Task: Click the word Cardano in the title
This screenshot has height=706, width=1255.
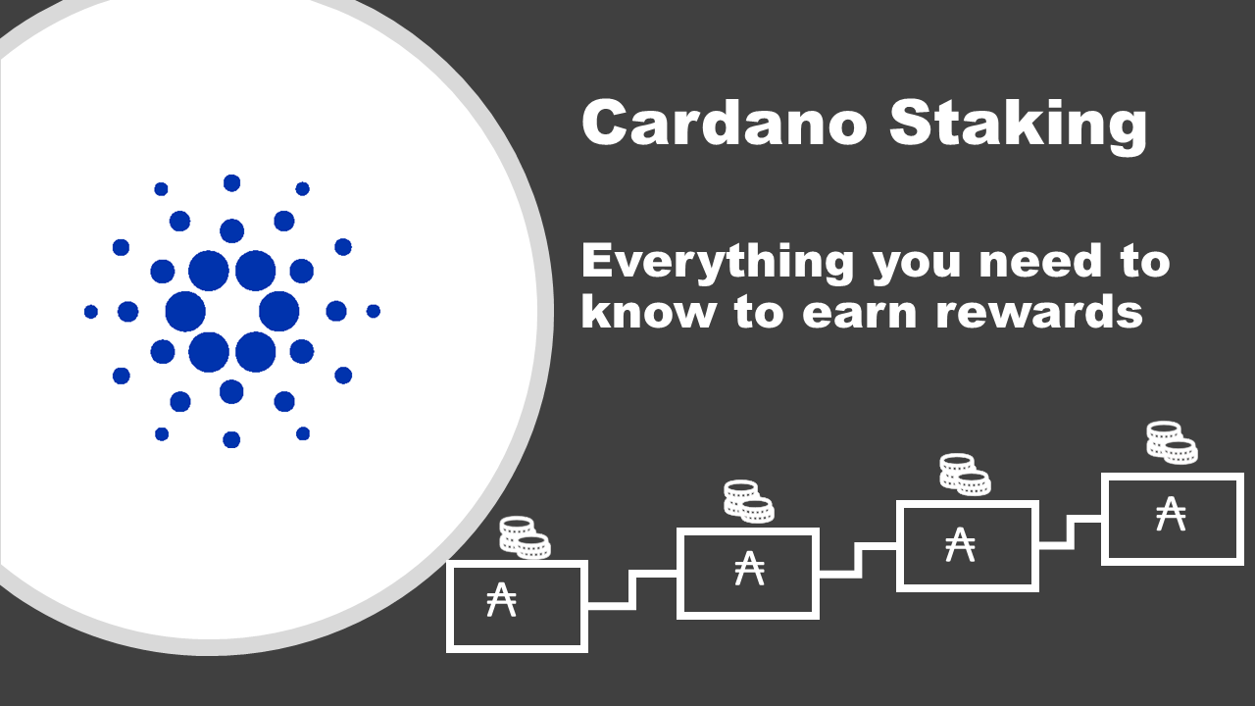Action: pos(725,122)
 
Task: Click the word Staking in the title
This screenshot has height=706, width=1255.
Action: pos(1018,126)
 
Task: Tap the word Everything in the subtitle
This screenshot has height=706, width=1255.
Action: pos(718,263)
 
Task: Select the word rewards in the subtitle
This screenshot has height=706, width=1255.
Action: pos(1040,311)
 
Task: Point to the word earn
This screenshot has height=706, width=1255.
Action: pos(860,315)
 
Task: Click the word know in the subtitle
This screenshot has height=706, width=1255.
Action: pos(648,311)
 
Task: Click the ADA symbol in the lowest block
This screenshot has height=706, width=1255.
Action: pos(501,599)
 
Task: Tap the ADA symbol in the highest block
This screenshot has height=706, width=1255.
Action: pos(1171,513)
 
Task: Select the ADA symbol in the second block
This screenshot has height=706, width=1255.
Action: pos(749,568)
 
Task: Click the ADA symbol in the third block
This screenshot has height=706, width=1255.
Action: pos(960,544)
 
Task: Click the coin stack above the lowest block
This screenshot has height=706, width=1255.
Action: pos(525,537)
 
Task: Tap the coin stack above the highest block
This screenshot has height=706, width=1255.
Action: pos(1172,442)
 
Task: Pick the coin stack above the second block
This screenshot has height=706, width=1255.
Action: pos(749,501)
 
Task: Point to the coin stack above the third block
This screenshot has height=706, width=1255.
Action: pos(965,475)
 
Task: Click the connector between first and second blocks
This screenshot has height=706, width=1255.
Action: pos(632,589)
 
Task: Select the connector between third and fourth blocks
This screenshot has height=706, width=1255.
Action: pos(1070,532)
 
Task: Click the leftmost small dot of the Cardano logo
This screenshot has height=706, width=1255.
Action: pos(91,312)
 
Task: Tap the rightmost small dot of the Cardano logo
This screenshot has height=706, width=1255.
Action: pos(374,311)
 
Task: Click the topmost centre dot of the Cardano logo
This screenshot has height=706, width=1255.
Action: pos(232,183)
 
